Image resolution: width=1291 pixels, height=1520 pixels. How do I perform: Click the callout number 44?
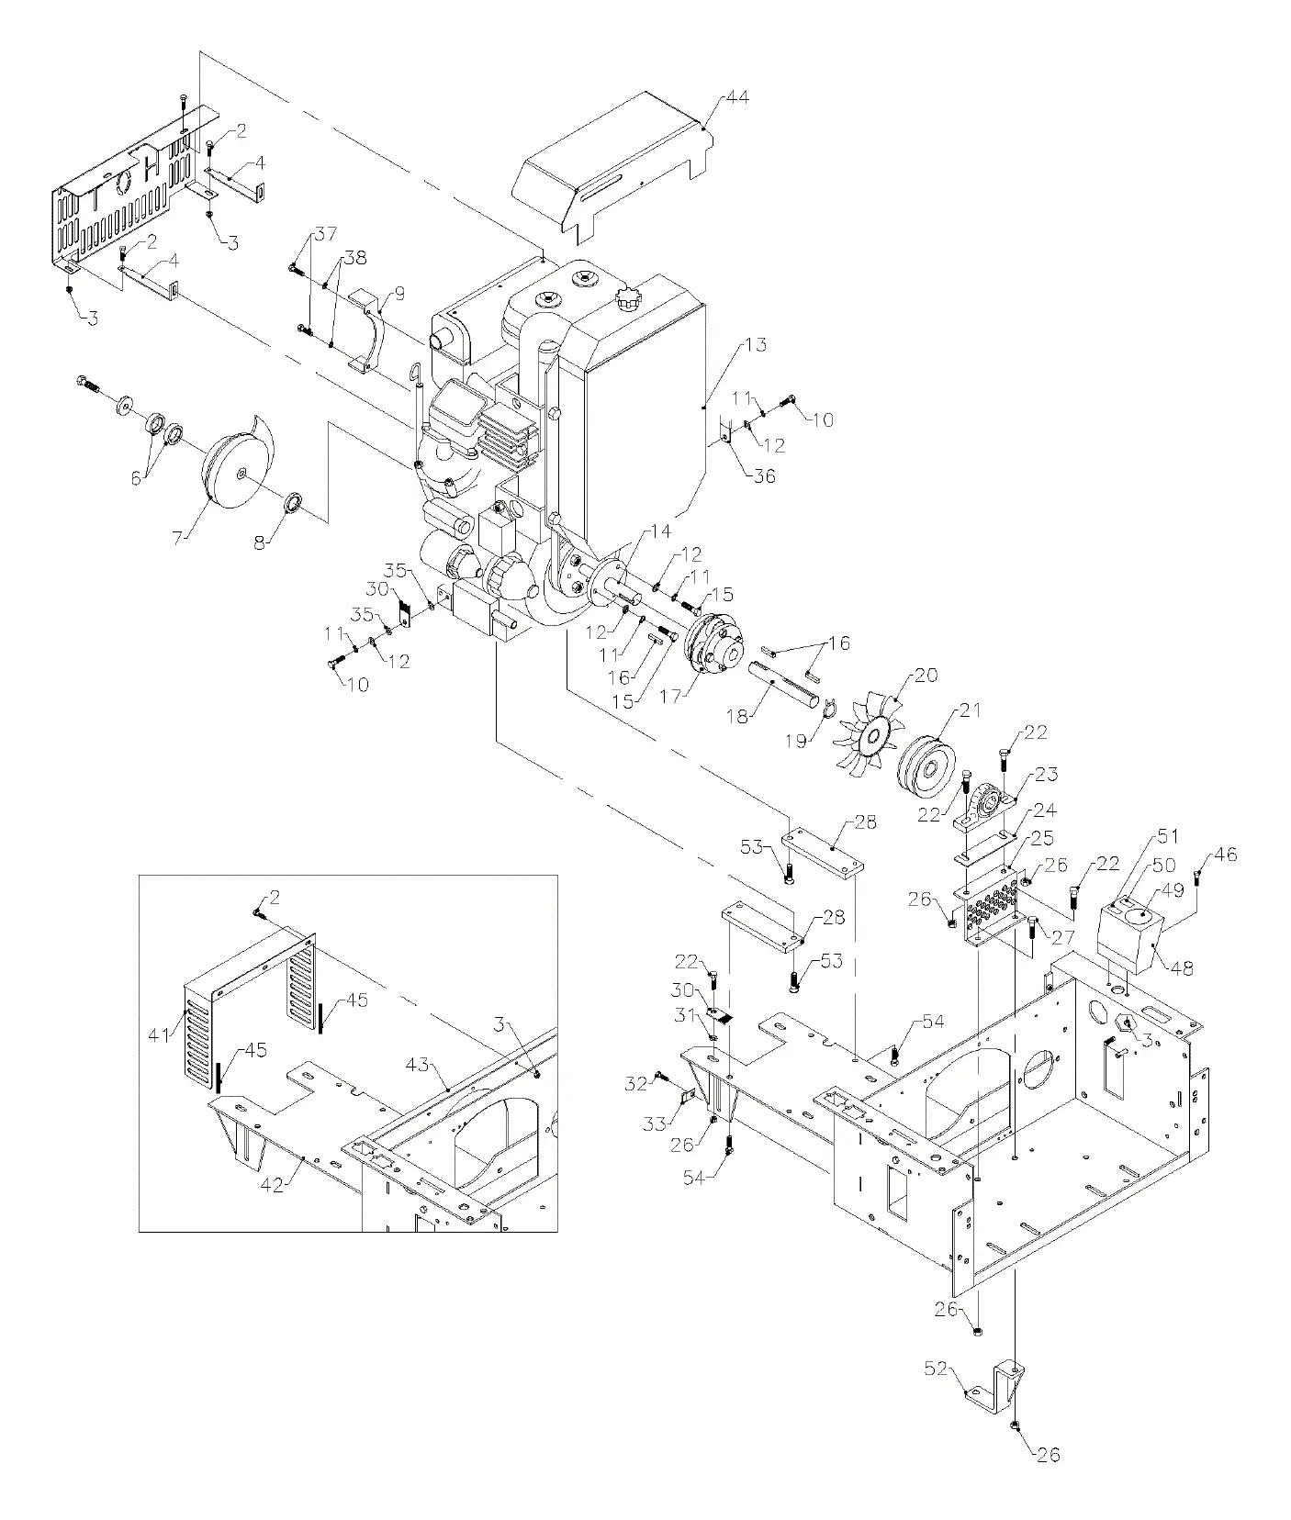(737, 96)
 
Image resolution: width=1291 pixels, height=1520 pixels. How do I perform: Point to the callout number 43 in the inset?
(418, 1064)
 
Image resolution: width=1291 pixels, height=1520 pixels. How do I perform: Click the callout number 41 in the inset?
(160, 1034)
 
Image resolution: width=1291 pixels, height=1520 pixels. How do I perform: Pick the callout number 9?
(399, 294)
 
